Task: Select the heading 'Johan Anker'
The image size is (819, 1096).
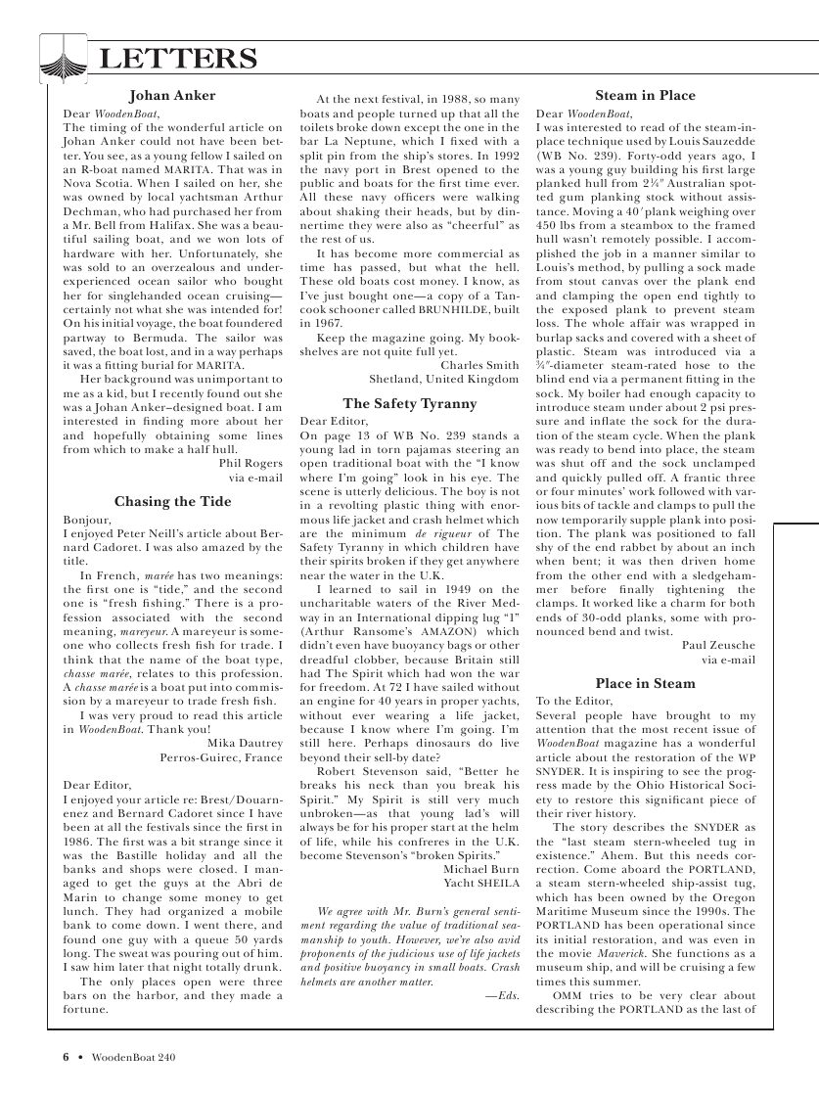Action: pos(172,96)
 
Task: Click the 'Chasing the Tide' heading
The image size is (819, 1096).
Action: pos(172,502)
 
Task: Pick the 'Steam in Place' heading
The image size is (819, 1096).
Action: pos(645,96)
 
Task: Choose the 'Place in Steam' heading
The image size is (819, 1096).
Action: pos(645,683)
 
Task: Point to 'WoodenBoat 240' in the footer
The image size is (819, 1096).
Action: pos(134,1057)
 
